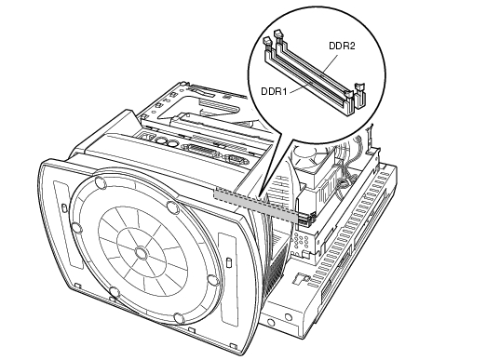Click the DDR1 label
[x=274, y=91]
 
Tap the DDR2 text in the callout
[x=342, y=47]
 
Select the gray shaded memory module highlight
[x=256, y=205]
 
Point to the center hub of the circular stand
[x=141, y=253]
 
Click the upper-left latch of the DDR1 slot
[x=267, y=43]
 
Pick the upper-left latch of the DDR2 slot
[x=278, y=35]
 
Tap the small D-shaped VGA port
[x=236, y=158]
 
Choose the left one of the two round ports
[x=162, y=140]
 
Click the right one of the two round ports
[x=172, y=143]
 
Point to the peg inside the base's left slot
[x=63, y=208]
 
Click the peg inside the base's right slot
[x=228, y=262]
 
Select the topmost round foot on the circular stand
[x=101, y=182]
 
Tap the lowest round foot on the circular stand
[x=179, y=318]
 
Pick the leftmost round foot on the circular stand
[x=76, y=228]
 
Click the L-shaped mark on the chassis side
[x=301, y=278]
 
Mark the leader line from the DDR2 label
[x=330, y=62]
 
